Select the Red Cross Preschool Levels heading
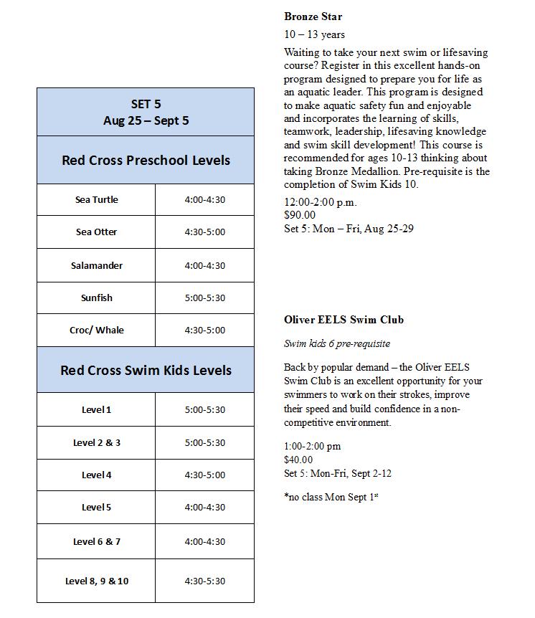point(146,160)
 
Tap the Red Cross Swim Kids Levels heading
point(146,370)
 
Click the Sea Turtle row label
point(96,200)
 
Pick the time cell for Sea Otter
point(204,232)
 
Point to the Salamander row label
point(96,265)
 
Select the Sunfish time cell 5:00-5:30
point(204,298)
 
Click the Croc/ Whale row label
point(96,331)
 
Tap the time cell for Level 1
point(204,410)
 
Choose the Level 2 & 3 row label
point(96,442)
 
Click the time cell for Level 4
point(204,475)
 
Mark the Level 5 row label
point(96,508)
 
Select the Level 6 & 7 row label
point(96,541)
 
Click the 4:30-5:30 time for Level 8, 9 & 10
point(204,581)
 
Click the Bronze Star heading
point(313,16)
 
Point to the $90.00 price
point(300,215)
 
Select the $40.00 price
point(298,460)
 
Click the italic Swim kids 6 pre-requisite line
point(337,344)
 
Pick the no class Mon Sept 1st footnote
point(331,496)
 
